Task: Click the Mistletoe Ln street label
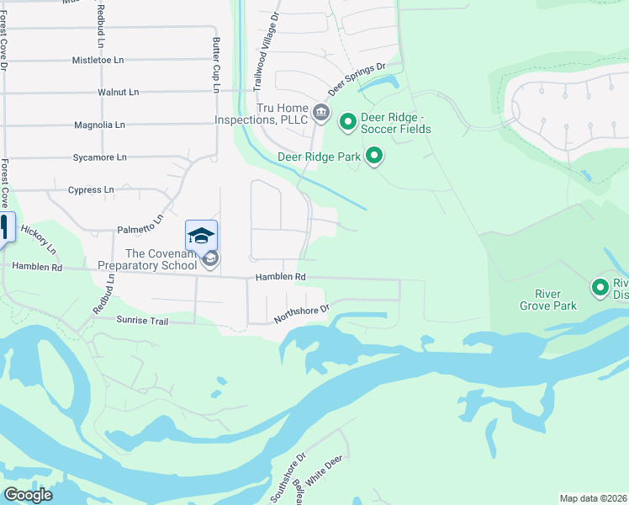coord(98,61)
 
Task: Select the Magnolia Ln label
coord(99,125)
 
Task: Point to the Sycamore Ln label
coord(99,157)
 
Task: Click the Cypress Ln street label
coord(91,190)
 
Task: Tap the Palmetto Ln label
coord(139,229)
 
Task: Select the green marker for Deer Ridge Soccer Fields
coord(347,123)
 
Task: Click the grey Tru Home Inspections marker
coord(320,112)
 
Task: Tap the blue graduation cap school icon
coord(201,236)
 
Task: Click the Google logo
coord(28,495)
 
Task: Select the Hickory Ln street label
coord(38,240)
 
